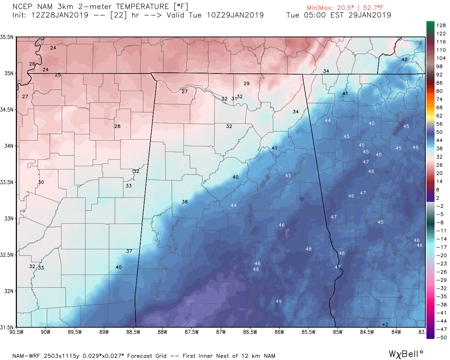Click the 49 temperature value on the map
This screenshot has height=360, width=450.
[x=278, y=301]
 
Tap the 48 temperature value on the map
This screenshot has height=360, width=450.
[x=308, y=249]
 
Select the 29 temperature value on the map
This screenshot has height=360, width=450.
[x=246, y=84]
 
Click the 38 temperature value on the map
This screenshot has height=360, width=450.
[x=185, y=202]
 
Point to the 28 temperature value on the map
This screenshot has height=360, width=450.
[x=117, y=126]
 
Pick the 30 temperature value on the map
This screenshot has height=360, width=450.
[x=41, y=182]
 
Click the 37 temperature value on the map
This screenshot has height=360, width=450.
[x=129, y=251]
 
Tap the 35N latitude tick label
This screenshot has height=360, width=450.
[x=8, y=73]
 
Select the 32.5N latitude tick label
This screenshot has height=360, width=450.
[x=7, y=255]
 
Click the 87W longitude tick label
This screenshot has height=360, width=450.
[x=221, y=332]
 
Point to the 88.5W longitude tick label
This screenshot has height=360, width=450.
[x=133, y=332]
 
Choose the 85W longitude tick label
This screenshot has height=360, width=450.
[x=337, y=332]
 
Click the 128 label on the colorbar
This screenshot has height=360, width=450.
[x=441, y=25]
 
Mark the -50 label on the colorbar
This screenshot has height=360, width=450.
[x=441, y=337]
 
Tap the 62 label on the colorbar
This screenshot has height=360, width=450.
[x=439, y=116]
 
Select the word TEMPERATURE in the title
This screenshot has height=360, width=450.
[x=143, y=7]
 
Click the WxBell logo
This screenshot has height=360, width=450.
[x=405, y=354]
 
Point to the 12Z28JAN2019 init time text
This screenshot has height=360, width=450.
[x=60, y=15]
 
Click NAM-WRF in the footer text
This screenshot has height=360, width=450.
[x=27, y=356]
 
